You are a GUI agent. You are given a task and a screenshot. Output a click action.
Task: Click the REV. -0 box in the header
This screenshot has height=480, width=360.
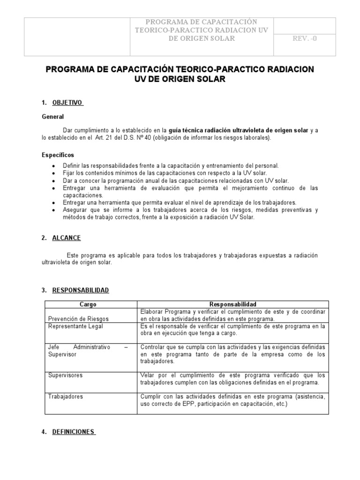pyautogui.click(x=304, y=39)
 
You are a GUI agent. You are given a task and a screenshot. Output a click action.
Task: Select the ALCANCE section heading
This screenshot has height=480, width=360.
pyautogui.click(x=67, y=238)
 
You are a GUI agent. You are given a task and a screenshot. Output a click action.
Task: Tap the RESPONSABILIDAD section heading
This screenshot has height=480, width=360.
pyautogui.click(x=80, y=291)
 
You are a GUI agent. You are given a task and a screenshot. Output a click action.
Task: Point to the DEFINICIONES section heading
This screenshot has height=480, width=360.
pyautogui.click(x=74, y=432)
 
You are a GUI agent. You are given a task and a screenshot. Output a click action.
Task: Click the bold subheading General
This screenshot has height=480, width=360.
pyautogui.click(x=52, y=116)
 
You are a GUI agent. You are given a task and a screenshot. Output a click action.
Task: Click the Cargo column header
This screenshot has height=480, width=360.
pyautogui.click(x=88, y=304)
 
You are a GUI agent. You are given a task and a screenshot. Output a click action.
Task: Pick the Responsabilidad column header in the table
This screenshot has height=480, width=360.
pyautogui.click(x=232, y=304)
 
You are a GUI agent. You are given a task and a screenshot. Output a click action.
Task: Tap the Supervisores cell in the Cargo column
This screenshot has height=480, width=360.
pyautogui.click(x=65, y=375)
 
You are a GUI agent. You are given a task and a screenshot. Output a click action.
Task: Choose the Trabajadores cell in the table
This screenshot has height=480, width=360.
pyautogui.click(x=65, y=397)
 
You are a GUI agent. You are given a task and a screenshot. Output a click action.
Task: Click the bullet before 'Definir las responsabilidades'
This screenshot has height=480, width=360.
pyautogui.click(x=54, y=166)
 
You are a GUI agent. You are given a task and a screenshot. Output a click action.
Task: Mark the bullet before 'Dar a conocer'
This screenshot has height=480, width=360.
pyautogui.click(x=54, y=181)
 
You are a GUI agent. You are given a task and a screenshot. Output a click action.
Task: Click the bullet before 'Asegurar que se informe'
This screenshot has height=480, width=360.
pyautogui.click(x=54, y=210)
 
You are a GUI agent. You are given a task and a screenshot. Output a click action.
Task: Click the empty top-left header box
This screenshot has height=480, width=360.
pyautogui.click(x=75, y=36)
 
